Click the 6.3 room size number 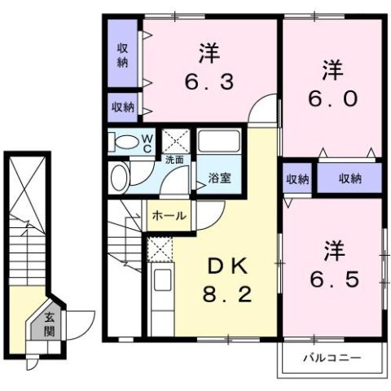(211, 82)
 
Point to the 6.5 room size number (334, 278)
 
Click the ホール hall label (169, 217)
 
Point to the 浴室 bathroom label (218, 178)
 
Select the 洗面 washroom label (174, 160)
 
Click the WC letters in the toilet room (147, 143)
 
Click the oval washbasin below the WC (121, 177)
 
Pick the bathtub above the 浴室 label (218, 145)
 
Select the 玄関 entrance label (49, 325)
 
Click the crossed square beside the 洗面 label (174, 140)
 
